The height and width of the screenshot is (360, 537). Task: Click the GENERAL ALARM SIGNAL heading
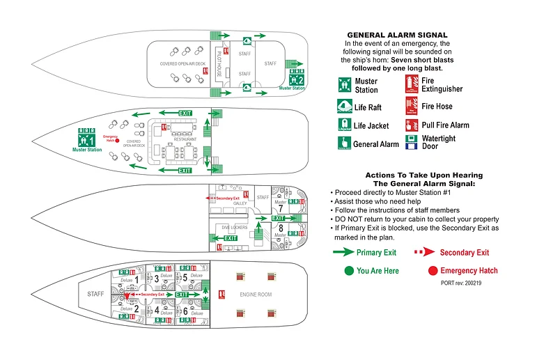(x=397, y=35)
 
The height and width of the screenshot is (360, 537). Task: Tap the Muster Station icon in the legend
(x=343, y=86)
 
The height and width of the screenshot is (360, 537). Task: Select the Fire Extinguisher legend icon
(x=412, y=85)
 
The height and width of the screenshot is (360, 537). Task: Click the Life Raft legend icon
(x=343, y=106)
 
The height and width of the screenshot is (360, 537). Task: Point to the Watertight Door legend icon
(x=412, y=142)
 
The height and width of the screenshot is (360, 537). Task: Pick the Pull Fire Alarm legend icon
(x=412, y=125)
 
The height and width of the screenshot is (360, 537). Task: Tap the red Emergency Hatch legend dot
(x=432, y=270)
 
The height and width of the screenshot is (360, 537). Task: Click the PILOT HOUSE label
(x=219, y=65)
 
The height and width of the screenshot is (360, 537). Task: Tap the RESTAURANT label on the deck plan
(x=185, y=139)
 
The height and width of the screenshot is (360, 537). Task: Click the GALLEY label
(x=240, y=203)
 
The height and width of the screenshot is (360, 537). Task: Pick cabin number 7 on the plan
(x=280, y=208)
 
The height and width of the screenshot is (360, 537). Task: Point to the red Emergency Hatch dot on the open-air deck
(x=118, y=141)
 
